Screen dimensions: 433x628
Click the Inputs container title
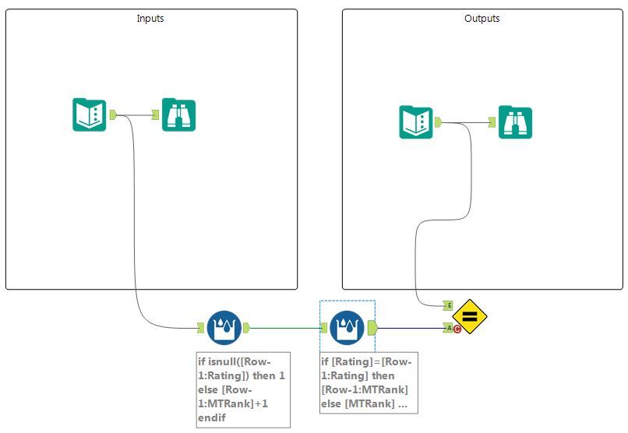[150, 18]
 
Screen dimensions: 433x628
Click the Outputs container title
[482, 18]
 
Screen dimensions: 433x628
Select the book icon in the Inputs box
[89, 114]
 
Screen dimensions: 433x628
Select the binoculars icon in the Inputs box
[179, 114]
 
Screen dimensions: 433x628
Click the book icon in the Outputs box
[416, 121]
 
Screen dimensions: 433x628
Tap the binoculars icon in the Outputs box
[515, 121]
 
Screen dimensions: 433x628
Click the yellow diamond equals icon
[470, 317]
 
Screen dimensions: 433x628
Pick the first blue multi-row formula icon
[224, 327]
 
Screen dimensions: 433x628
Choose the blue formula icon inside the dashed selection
[347, 327]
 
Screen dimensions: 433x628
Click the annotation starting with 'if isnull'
[242, 389]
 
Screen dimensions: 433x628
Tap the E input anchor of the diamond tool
[448, 305]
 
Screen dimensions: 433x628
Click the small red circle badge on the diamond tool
[457, 329]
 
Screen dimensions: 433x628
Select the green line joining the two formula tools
[284, 327]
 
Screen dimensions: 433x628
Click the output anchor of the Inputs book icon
[113, 114]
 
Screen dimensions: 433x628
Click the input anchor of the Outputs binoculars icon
[492, 121]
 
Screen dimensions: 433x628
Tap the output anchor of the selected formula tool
[372, 327]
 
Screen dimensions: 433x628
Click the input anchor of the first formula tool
[199, 327]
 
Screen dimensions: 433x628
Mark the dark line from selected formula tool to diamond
[409, 327]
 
